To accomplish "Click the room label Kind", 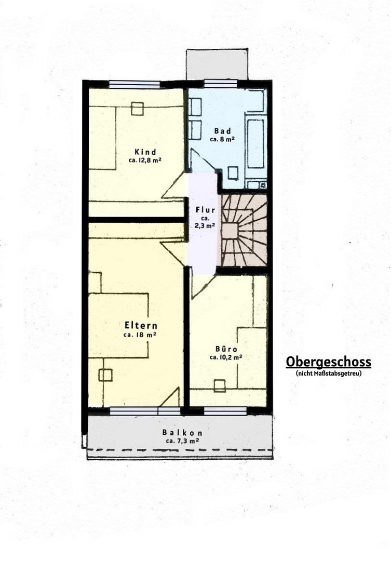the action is pos(145,152).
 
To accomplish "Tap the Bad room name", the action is pos(223,131).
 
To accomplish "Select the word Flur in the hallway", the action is pos(205,210).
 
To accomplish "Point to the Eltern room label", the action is pos(141,326).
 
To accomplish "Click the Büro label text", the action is pos(226,349).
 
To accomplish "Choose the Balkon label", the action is pos(182,433).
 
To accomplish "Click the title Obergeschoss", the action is pos(328,362).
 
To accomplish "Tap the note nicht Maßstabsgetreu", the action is pos(328,373).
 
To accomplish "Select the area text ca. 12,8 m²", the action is pos(145,161).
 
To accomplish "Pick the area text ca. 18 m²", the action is pos(140,335).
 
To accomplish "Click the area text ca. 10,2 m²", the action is pos(226,357).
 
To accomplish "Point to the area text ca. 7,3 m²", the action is pos(182,441).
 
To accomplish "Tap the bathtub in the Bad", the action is pos(255,143).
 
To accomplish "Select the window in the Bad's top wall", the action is pos(221,84).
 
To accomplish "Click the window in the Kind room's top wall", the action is pos(134,85).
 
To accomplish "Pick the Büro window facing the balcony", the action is pos(225,411).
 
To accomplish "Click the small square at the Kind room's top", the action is pos(137,109).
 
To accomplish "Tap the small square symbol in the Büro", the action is pos(220,385).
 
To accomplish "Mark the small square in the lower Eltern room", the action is pos(105,375).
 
